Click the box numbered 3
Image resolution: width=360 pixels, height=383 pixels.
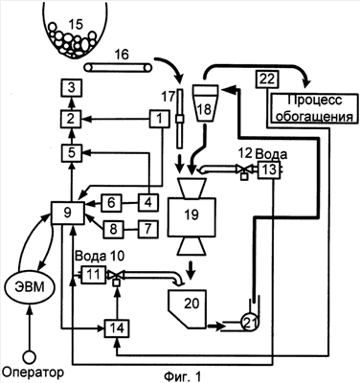(71, 88)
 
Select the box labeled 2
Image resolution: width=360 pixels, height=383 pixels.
(71, 120)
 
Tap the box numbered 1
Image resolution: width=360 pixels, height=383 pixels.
(160, 119)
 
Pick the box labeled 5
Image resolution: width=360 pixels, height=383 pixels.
(72, 153)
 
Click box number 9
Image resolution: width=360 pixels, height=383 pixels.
(68, 213)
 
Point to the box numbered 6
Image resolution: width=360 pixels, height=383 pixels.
(111, 203)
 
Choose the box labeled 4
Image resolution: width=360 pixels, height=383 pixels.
(148, 202)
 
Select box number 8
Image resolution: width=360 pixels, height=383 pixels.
(113, 229)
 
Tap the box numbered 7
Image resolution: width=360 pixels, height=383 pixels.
(148, 229)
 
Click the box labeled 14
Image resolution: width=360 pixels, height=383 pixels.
(117, 328)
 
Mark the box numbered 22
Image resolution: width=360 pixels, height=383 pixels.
(267, 79)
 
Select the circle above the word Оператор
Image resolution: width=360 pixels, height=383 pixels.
(30, 357)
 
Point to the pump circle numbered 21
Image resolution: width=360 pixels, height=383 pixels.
(249, 324)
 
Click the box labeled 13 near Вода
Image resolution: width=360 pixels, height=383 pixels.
(269, 169)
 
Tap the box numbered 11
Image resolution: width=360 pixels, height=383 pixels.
(93, 275)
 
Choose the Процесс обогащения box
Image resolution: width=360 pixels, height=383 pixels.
(314, 108)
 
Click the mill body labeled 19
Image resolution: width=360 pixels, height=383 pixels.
(191, 217)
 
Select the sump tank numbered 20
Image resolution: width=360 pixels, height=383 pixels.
(189, 308)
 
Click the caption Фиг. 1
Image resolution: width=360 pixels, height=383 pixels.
(183, 376)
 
